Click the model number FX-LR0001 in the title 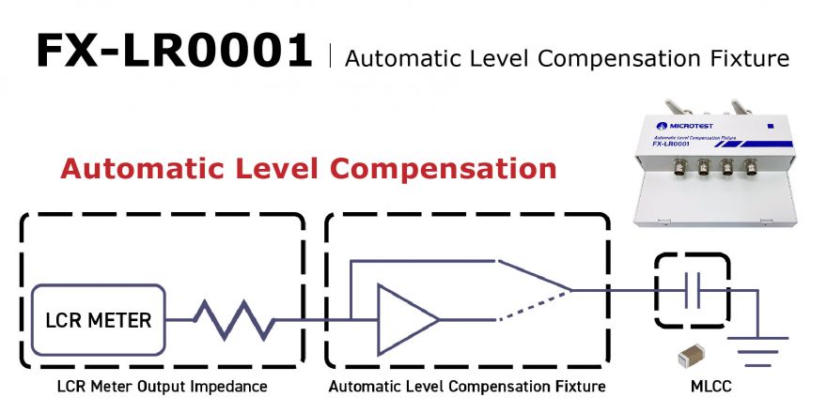click(174, 51)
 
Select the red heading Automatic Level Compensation click(308, 169)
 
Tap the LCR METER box click(99, 320)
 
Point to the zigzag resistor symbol click(234, 320)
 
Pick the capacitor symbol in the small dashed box click(692, 290)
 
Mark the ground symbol click(757, 351)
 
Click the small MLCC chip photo click(692, 356)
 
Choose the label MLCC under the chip click(711, 387)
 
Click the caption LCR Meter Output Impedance click(163, 387)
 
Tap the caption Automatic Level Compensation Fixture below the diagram click(467, 387)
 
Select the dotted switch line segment click(535, 305)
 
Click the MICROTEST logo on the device click(684, 126)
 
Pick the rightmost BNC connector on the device click(751, 166)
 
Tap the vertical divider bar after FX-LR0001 click(330, 56)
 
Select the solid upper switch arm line click(535, 275)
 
